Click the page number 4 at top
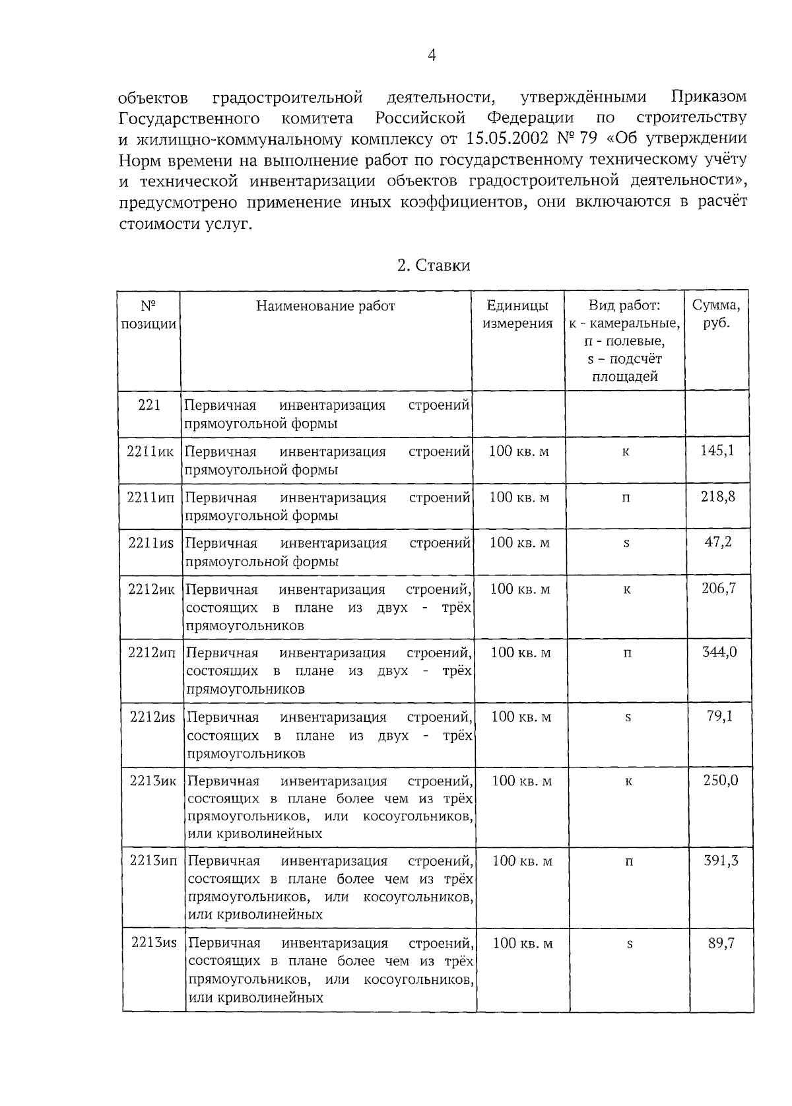(432, 55)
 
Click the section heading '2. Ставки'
(434, 265)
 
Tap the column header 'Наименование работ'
(325, 306)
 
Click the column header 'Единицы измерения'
(517, 314)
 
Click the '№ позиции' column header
(149, 315)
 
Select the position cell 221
(149, 405)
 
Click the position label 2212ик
(151, 589)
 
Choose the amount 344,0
(719, 652)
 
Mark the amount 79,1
(719, 716)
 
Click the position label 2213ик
(153, 781)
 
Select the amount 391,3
(721, 861)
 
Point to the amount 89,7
(721, 943)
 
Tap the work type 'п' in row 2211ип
(626, 498)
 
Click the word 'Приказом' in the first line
(708, 98)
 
